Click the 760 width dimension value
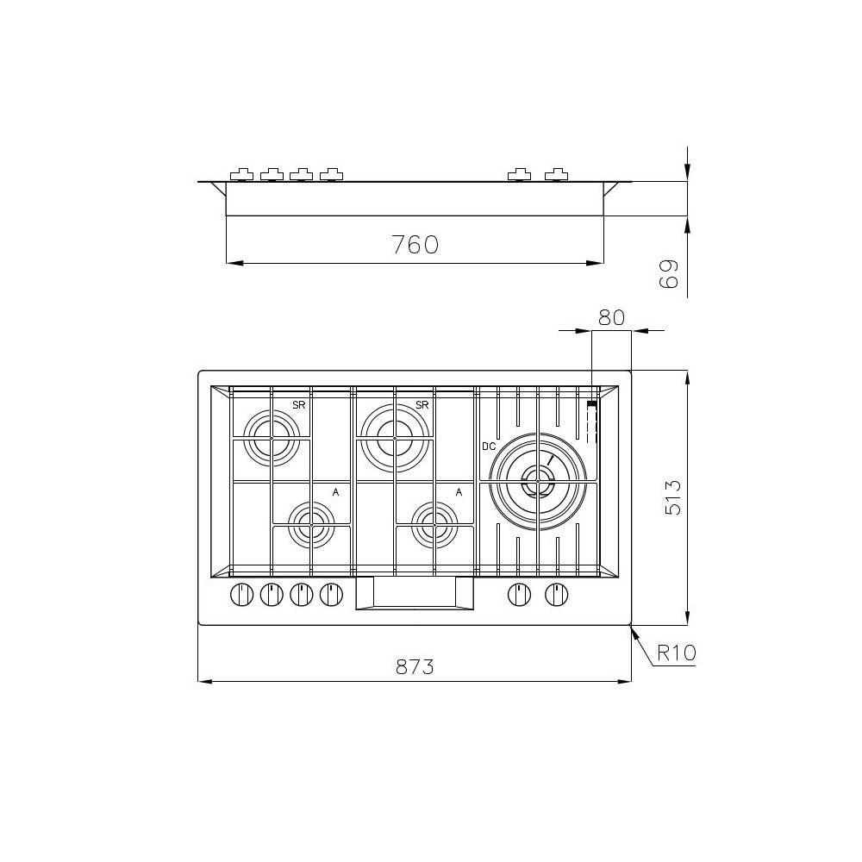click(415, 245)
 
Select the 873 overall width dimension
click(414, 666)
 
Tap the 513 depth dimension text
click(673, 497)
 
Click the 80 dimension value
click(610, 317)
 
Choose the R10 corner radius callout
click(675, 653)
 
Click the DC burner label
click(489, 446)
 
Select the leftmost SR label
click(299, 405)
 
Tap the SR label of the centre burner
click(422, 405)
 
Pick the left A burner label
click(335, 492)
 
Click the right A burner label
click(459, 492)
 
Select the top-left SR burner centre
click(272, 438)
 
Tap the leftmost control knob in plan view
click(241, 594)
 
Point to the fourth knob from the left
click(331, 594)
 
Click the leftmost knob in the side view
click(241, 175)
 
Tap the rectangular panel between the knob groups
click(415, 592)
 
